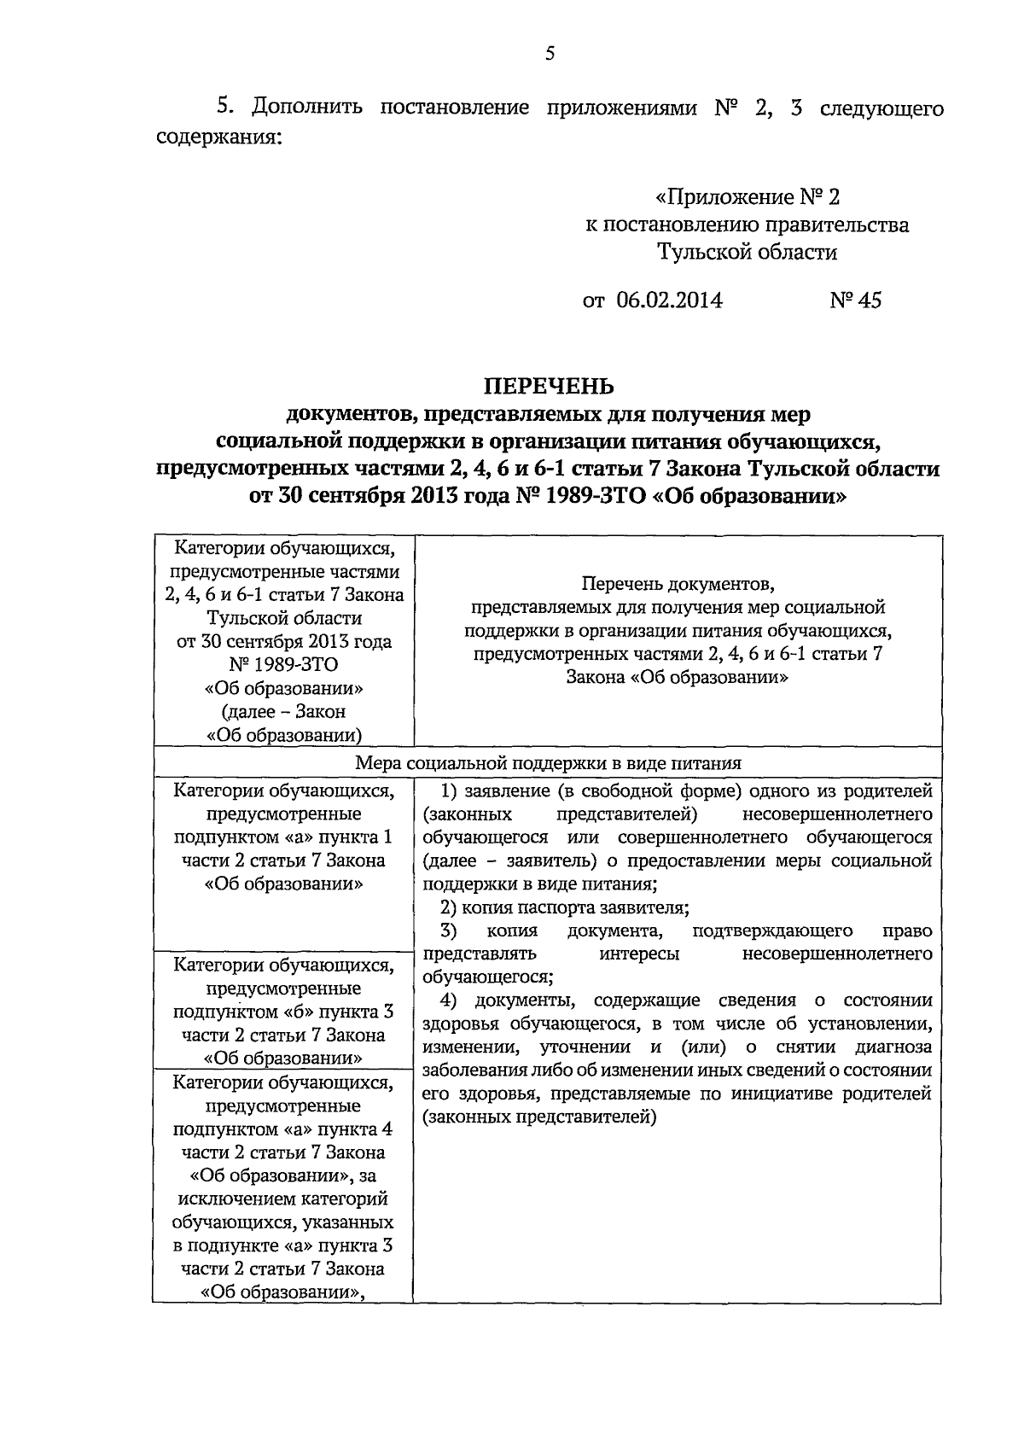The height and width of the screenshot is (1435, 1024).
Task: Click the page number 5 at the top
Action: pos(550,54)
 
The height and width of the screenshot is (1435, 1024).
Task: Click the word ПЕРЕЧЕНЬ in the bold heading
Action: pos(550,387)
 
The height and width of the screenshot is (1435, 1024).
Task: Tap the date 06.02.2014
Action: pos(668,300)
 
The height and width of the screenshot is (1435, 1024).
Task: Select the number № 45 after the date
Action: pos(855,300)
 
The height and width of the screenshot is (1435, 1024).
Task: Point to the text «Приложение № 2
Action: pos(747,197)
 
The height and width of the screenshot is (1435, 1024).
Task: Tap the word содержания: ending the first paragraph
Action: pos(218,136)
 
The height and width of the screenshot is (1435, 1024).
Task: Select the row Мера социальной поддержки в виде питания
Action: pos(548,763)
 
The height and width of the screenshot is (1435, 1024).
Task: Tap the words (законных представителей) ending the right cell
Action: pos(539,1117)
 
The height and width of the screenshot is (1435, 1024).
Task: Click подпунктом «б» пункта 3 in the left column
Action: pos(283,1012)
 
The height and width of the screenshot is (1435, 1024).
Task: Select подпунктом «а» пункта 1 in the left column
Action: pos(283,837)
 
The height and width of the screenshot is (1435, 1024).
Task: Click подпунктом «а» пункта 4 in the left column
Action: pos(283,1129)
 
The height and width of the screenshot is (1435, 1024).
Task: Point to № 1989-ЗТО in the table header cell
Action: pos(283,665)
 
